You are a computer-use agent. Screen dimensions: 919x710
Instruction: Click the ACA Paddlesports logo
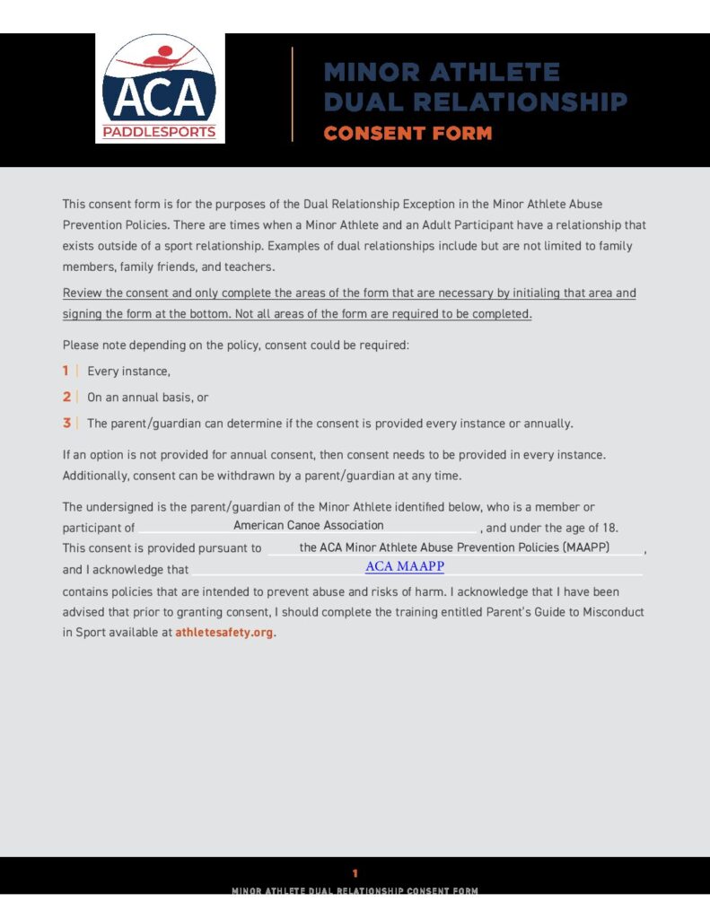coord(160,88)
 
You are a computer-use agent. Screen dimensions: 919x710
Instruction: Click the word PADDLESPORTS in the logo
coord(160,132)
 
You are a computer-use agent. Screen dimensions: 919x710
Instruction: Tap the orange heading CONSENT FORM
coord(408,134)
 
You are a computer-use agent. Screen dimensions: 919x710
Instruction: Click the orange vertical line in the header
coord(293,93)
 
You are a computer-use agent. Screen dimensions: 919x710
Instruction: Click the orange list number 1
coord(66,371)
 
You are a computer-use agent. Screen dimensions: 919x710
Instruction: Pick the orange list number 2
coord(66,397)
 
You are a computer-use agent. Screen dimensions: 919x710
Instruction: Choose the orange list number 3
coord(66,423)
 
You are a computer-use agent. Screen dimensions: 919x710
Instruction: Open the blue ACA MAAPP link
coord(404,567)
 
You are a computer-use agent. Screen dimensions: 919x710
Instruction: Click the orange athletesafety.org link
coord(224,632)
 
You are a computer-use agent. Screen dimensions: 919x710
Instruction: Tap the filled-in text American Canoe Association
coord(308,525)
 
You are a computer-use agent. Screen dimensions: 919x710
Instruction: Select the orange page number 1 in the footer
coord(355,872)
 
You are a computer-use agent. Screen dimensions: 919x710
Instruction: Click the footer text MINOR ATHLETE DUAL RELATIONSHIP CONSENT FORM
coord(355,890)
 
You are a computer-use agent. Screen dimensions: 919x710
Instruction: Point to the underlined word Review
coord(83,293)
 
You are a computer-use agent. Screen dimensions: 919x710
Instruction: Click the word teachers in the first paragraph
coord(251,267)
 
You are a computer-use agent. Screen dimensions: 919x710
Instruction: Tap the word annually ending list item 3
coord(546,423)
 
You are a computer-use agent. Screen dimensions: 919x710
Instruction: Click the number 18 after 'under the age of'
coord(610,527)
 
